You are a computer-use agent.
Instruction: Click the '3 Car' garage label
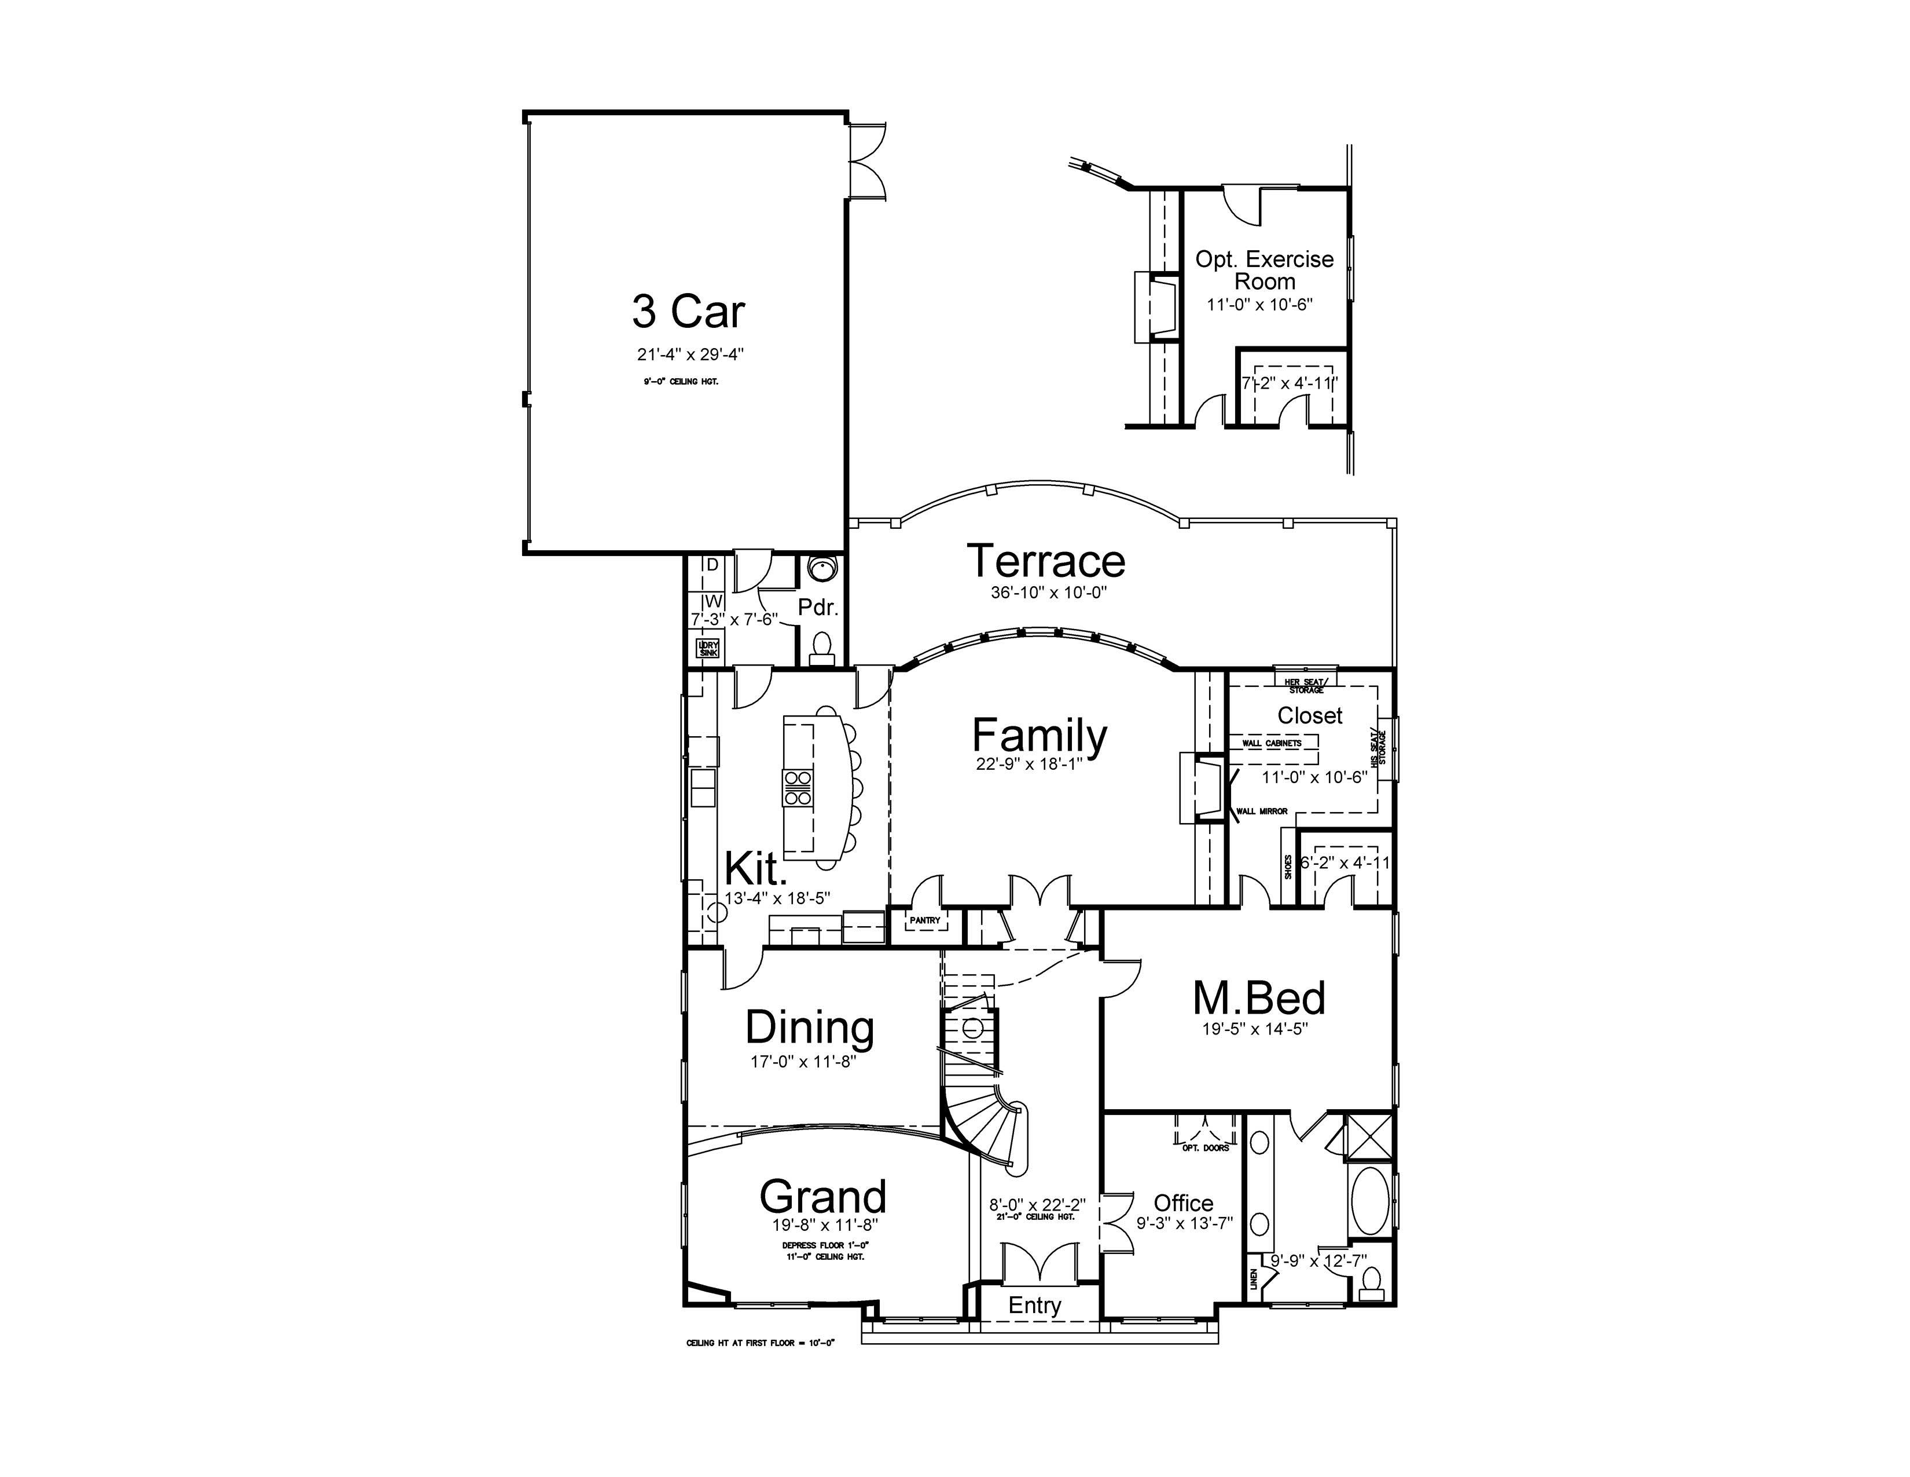pyautogui.click(x=688, y=312)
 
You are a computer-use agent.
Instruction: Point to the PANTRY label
pyautogui.click(x=924, y=920)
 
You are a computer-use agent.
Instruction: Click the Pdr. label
pyautogui.click(x=818, y=607)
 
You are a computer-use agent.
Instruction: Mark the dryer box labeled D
pyautogui.click(x=712, y=565)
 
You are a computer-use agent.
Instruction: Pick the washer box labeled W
pyautogui.click(x=712, y=601)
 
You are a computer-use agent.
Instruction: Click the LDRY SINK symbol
pyautogui.click(x=707, y=648)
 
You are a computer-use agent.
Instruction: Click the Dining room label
pyautogui.click(x=809, y=1028)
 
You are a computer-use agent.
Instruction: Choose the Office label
pyautogui.click(x=1183, y=1203)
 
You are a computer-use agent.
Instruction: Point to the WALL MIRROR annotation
pyautogui.click(x=1261, y=811)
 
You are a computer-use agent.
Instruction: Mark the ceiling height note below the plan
pyautogui.click(x=761, y=1342)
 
